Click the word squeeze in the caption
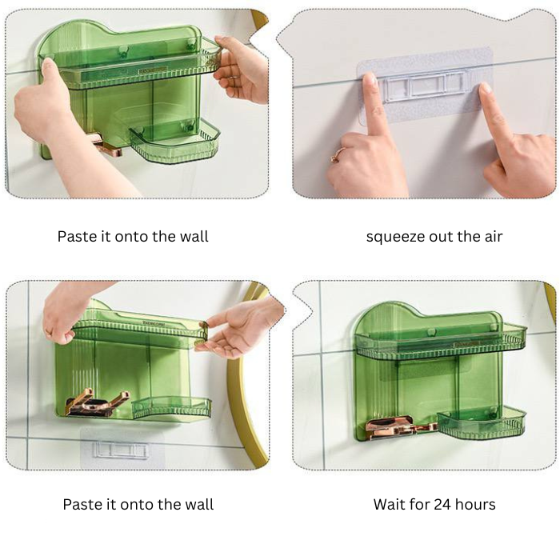coord(396,237)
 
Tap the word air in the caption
coord(491,237)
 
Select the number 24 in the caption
coord(443,504)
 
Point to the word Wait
coord(390,504)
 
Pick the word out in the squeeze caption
coord(442,237)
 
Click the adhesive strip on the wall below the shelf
coord(121,448)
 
